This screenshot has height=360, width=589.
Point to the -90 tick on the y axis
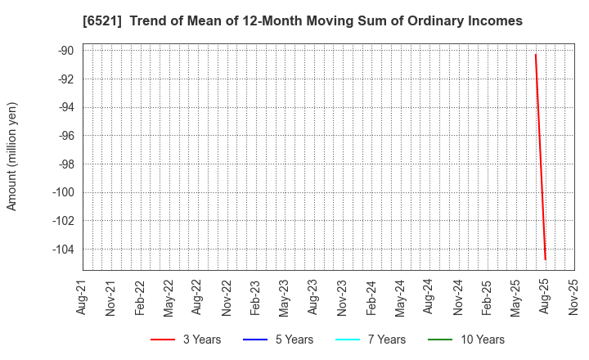click(x=65, y=51)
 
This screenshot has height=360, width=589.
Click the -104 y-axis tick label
click(x=62, y=250)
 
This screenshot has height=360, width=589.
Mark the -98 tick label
click(x=65, y=164)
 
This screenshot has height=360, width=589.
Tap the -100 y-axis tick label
click(x=62, y=193)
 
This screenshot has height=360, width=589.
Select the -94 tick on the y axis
click(x=65, y=107)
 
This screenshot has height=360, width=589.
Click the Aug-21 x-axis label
click(x=83, y=297)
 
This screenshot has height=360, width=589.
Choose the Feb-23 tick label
click(x=256, y=297)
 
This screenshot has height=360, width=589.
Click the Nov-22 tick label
click(x=227, y=297)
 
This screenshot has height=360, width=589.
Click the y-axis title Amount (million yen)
click(x=12, y=156)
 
